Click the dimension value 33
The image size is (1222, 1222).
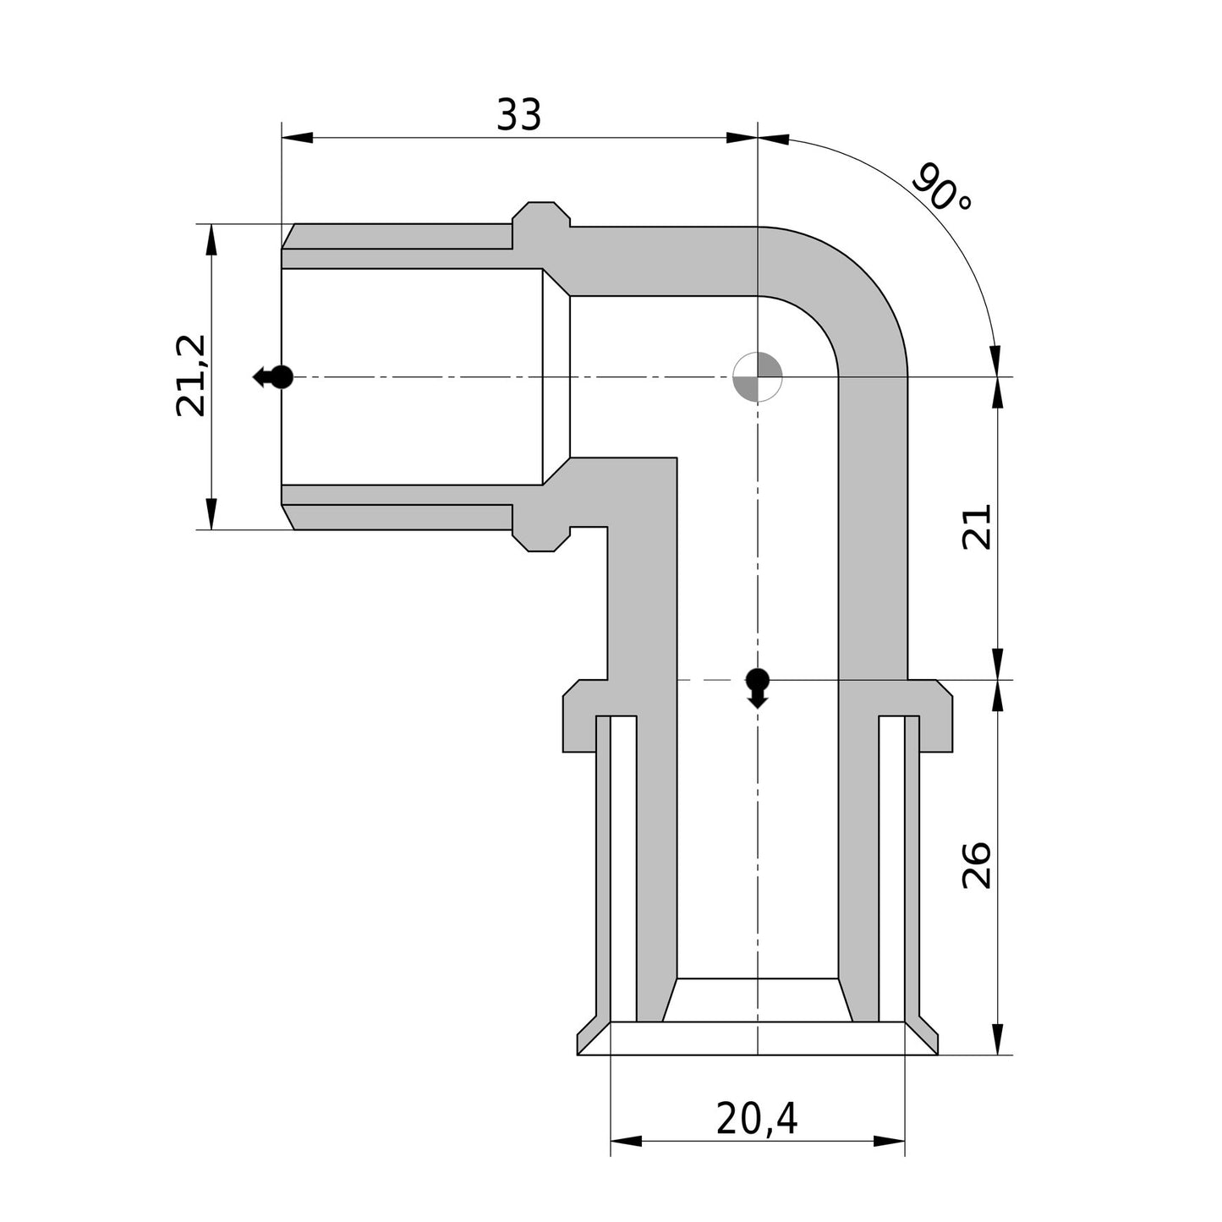tap(518, 115)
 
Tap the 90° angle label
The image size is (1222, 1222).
tap(943, 189)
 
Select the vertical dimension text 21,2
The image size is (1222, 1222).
tap(191, 375)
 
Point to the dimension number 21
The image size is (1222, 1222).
tap(976, 527)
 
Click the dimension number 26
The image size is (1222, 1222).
tap(976, 866)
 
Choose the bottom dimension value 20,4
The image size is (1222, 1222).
tap(757, 1118)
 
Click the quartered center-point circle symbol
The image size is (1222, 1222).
tap(757, 376)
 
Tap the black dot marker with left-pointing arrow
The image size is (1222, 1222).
tap(273, 376)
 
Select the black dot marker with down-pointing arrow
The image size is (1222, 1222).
tap(757, 688)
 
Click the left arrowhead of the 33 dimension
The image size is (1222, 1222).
tap(297, 138)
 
